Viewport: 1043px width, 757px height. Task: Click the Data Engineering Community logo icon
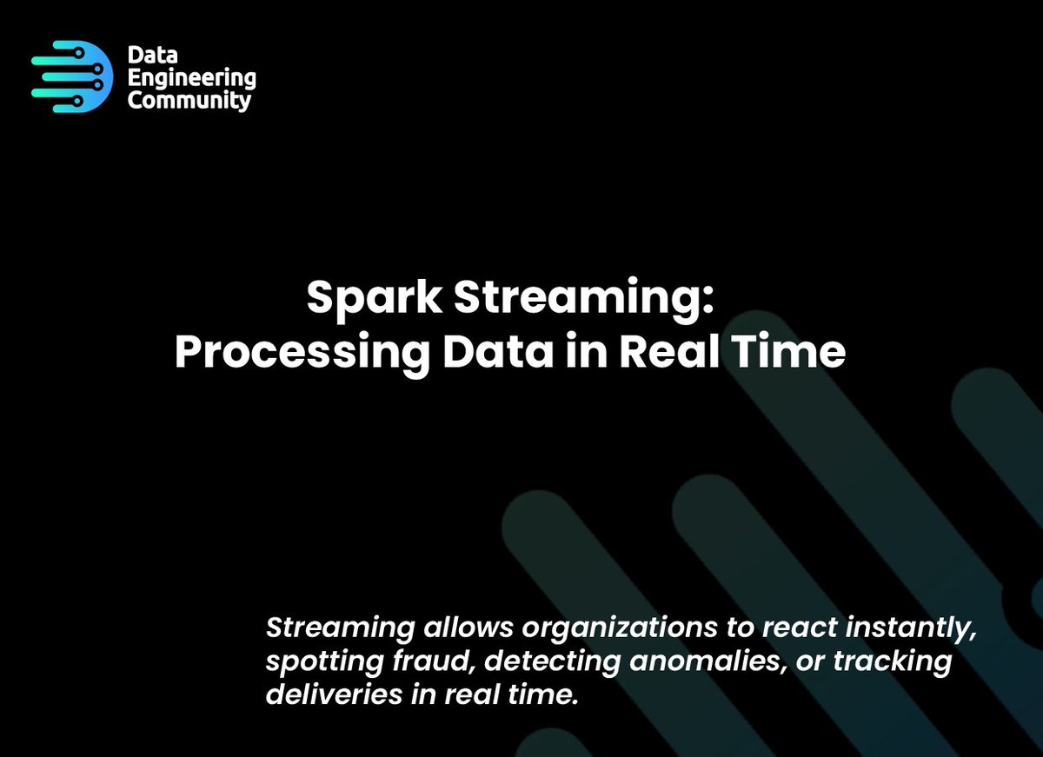coord(72,76)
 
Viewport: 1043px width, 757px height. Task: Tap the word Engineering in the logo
coord(192,78)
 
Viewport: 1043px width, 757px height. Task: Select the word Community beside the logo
coord(189,100)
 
